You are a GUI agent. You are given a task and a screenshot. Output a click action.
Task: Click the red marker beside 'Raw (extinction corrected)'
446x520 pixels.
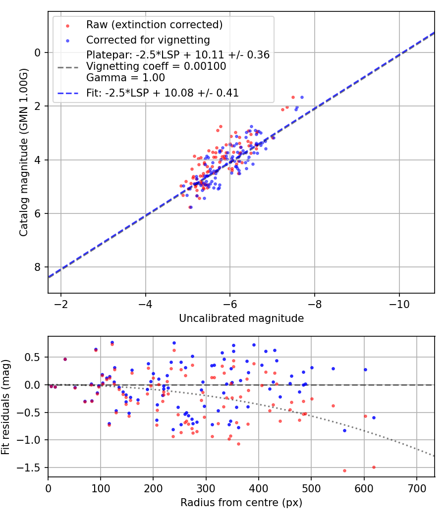pyautogui.click(x=68, y=26)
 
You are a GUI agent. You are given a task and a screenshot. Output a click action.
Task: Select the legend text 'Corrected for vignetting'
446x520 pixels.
pyautogui.click(x=148, y=40)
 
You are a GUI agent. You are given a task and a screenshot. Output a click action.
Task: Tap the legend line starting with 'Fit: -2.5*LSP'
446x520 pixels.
pyautogui.click(x=162, y=93)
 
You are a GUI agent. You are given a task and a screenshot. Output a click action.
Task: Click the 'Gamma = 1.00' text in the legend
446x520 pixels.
pyautogui.click(x=125, y=78)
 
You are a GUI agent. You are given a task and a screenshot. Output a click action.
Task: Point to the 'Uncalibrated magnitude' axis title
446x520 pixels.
pyautogui.click(x=241, y=318)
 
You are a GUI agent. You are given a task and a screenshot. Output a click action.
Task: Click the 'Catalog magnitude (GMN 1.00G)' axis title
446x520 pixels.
pyautogui.click(x=24, y=153)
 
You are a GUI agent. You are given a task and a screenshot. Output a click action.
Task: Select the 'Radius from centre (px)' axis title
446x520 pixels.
pyautogui.click(x=241, y=503)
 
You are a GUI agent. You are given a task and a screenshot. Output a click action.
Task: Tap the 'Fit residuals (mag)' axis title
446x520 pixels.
pyautogui.click(x=5, y=407)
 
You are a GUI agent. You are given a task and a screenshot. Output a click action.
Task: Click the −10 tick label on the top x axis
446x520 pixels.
pyautogui.click(x=399, y=304)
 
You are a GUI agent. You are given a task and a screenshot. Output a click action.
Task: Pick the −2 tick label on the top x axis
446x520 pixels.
pyautogui.click(x=61, y=304)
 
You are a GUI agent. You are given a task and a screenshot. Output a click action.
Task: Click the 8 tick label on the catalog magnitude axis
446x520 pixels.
pyautogui.click(x=38, y=267)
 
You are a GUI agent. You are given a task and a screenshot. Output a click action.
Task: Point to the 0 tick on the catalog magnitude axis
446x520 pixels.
pyautogui.click(x=38, y=52)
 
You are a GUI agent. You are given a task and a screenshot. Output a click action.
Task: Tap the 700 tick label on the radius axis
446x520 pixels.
pyautogui.click(x=417, y=488)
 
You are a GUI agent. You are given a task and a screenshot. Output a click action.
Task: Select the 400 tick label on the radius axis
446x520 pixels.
pyautogui.click(x=259, y=488)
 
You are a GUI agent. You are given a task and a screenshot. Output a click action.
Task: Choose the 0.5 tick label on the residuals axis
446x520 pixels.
pyautogui.click(x=33, y=357)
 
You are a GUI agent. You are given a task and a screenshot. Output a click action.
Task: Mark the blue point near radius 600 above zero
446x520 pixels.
pyautogui.click(x=365, y=370)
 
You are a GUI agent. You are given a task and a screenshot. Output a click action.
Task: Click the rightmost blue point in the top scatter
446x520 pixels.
pyautogui.click(x=302, y=97)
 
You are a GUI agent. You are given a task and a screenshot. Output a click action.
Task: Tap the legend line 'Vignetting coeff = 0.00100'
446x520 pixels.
pyautogui.click(x=156, y=66)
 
